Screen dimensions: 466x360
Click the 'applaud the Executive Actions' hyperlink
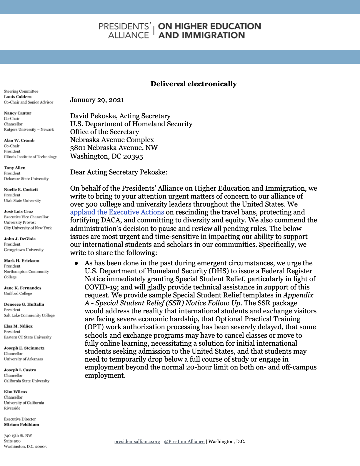[x=117, y=212]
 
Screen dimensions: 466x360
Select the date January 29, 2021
[x=97, y=100]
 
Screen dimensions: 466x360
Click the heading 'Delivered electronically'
[x=194, y=84]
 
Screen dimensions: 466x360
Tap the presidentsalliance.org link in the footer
[x=137, y=441]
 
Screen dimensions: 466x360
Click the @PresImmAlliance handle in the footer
[x=184, y=441]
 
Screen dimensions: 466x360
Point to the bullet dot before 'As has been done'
[x=76, y=263]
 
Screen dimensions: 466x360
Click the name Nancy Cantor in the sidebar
[x=18, y=113]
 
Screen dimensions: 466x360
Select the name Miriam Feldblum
[x=21, y=425]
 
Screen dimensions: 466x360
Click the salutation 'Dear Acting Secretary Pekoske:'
[x=119, y=172]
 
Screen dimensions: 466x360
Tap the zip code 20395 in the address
[x=133, y=157]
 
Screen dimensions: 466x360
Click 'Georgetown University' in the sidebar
[x=24, y=250]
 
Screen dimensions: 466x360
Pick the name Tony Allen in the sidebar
[x=15, y=168]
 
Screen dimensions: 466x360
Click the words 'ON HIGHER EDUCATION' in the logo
[x=209, y=26]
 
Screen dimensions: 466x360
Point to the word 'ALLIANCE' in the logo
[x=129, y=35]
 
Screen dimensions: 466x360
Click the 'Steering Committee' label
[x=21, y=91]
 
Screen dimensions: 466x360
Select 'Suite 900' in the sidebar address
[x=12, y=441]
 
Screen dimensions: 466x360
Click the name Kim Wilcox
[x=16, y=392]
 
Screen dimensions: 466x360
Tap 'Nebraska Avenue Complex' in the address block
[x=112, y=140]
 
